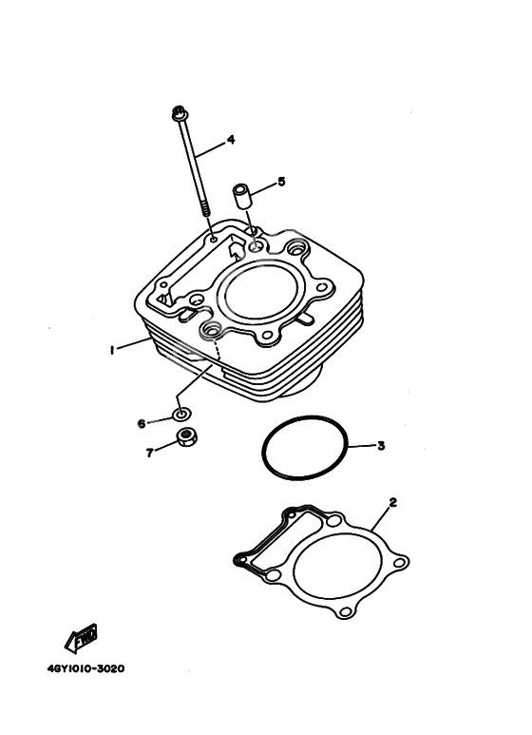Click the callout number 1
[111, 350]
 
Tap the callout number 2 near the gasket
[392, 501]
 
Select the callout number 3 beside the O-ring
[380, 445]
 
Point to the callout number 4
[230, 140]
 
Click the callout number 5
[281, 181]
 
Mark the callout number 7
[149, 453]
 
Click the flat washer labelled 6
[180, 415]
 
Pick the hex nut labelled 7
[188, 438]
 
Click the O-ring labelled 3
[305, 449]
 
